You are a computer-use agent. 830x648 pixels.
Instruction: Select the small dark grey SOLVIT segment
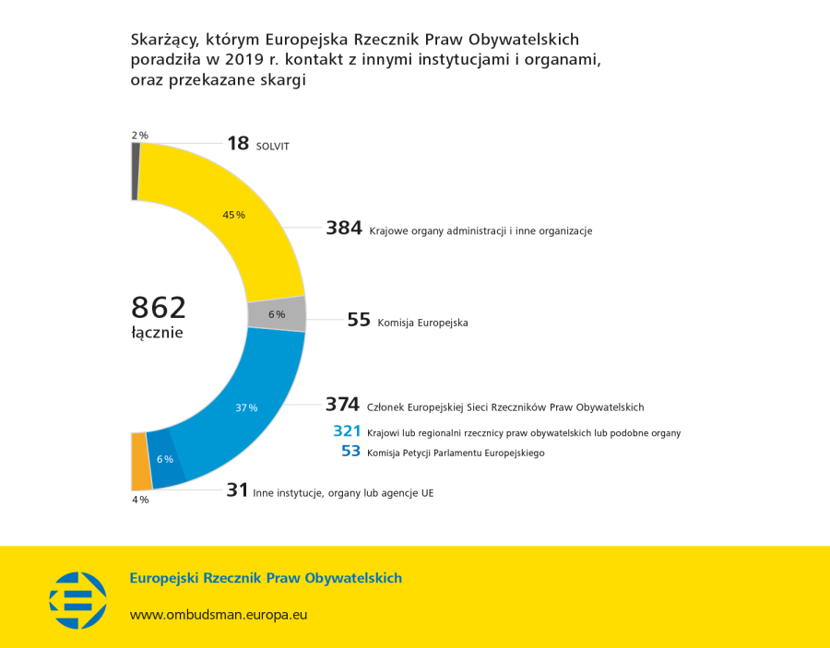136,171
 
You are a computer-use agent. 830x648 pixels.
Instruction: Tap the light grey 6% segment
277,313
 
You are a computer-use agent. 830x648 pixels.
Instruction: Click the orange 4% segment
141,461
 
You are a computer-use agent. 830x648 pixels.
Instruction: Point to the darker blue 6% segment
165,459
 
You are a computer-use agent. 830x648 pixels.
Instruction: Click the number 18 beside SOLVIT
238,143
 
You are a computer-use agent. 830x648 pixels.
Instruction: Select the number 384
344,229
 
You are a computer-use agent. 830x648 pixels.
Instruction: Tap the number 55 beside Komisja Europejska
359,320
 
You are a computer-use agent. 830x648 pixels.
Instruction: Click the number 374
342,405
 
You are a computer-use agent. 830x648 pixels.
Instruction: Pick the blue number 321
347,430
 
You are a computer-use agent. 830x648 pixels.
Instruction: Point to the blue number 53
350,451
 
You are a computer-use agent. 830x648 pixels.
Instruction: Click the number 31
237,491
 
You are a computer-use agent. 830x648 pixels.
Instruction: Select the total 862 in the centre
159,307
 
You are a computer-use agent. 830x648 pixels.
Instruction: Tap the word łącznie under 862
157,333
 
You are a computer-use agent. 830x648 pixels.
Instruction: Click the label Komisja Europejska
422,323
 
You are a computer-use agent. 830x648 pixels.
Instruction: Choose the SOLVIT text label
272,146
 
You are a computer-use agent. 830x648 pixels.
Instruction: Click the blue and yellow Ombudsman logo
78,599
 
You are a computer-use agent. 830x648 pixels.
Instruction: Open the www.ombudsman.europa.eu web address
219,613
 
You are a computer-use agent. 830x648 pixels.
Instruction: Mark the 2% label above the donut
139,135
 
